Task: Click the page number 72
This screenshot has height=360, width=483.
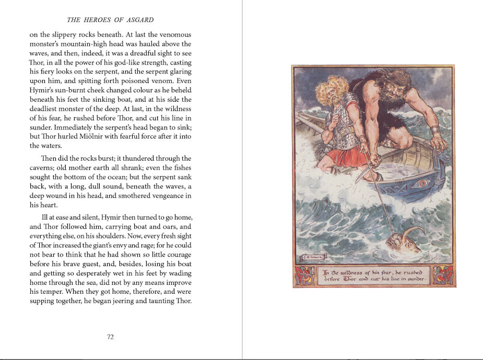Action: click(x=110, y=337)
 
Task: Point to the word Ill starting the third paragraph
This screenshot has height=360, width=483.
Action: click(x=46, y=217)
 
